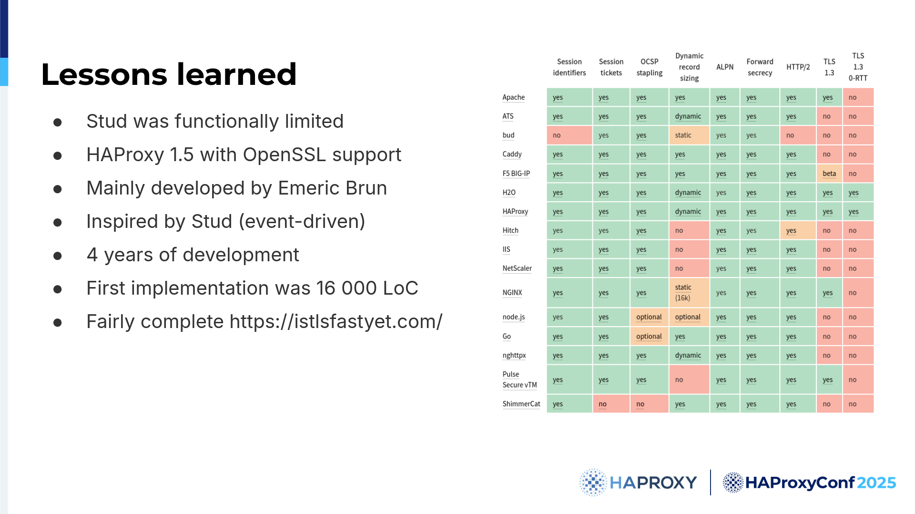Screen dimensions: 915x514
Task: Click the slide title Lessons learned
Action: click(169, 74)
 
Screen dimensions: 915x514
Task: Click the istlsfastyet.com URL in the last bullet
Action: click(336, 322)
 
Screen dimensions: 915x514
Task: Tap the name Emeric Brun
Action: click(332, 188)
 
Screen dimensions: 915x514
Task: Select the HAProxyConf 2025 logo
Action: click(809, 483)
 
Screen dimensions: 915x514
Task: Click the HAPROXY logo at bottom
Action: click(638, 483)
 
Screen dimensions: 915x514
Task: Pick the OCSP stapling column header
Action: click(649, 67)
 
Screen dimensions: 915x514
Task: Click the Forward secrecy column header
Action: click(760, 67)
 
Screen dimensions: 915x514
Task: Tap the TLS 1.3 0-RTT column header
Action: click(858, 67)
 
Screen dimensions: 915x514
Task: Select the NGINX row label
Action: click(512, 293)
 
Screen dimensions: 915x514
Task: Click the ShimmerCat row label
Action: click(521, 404)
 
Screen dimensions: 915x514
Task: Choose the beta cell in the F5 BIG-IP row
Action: click(829, 174)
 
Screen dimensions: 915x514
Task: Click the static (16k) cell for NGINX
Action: click(689, 293)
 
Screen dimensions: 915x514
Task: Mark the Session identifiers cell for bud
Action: click(569, 135)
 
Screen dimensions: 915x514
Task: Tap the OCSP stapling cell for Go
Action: click(649, 337)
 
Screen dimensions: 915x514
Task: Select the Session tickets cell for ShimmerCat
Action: click(611, 404)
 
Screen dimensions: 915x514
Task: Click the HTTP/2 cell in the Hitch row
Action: click(798, 231)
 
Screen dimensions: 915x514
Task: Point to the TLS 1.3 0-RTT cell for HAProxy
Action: click(858, 212)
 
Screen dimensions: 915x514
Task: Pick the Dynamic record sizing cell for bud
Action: click(689, 135)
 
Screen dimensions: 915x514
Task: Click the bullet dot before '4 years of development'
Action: click(58, 256)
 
